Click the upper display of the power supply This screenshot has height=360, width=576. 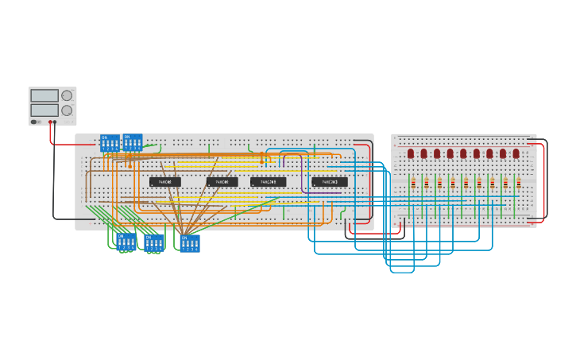click(44, 95)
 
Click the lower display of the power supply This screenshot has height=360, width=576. click(44, 110)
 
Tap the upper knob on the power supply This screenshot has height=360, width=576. click(67, 95)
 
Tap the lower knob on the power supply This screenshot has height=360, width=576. click(67, 110)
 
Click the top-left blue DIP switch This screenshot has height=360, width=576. click(110, 143)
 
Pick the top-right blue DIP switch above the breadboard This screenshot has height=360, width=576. click(133, 142)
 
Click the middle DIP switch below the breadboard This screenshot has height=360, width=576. click(154, 243)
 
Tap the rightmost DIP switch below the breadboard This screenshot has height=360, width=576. click(190, 242)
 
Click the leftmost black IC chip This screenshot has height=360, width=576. click(165, 182)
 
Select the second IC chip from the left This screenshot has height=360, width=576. click(222, 182)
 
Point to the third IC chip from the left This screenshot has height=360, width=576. click(269, 182)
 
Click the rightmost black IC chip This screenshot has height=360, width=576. click(329, 182)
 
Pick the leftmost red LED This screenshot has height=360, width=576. click(411, 153)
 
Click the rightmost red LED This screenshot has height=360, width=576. click(516, 153)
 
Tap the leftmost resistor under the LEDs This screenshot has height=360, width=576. click(412, 183)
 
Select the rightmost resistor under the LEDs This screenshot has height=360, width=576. click(518, 183)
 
